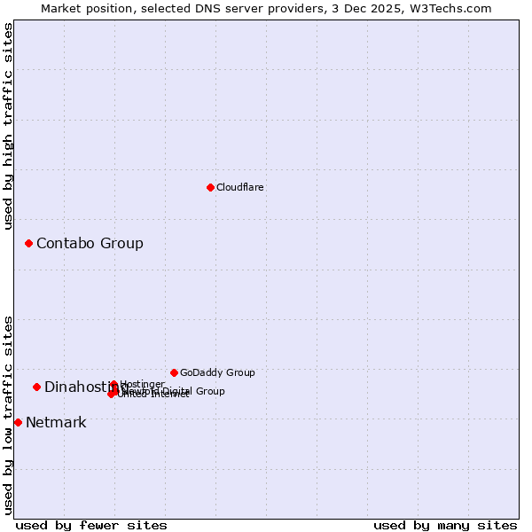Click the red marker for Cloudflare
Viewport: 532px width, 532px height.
coord(210,187)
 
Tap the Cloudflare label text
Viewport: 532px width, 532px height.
coord(240,187)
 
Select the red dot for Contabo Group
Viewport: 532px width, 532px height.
coord(28,243)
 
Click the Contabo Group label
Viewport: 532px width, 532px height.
coord(90,243)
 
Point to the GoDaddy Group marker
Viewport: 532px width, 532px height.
coord(174,372)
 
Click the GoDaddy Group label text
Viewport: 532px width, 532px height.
coord(217,372)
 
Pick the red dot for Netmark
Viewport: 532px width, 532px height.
coord(18,422)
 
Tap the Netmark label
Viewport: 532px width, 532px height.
coord(56,422)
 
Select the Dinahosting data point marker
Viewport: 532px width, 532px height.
coord(36,387)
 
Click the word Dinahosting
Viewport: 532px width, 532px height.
coord(78,387)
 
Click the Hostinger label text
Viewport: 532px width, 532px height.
coord(143,384)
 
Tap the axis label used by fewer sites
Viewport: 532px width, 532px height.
coord(91,525)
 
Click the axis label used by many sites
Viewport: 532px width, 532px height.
coord(445,525)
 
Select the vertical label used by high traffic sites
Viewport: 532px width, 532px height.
coord(8,126)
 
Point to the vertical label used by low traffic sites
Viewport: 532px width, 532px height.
coord(8,415)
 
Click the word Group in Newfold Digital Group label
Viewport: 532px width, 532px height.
coord(209,391)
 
